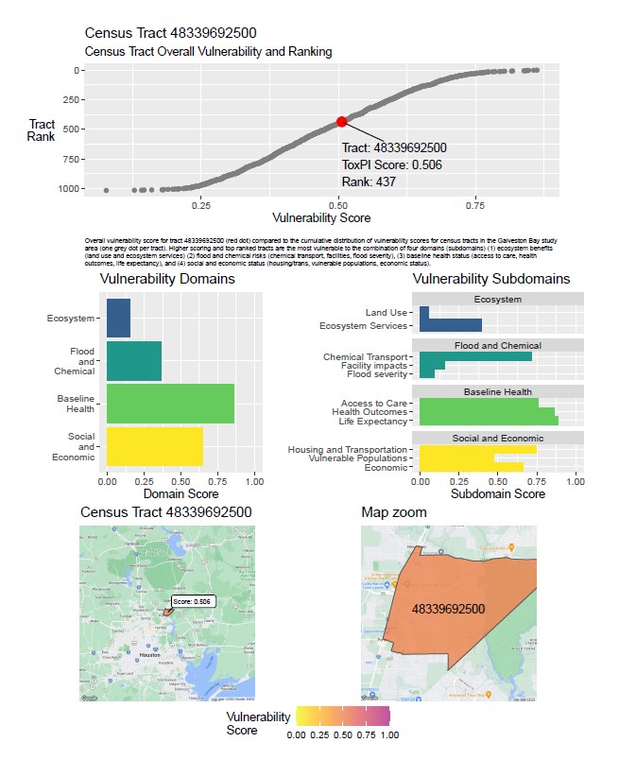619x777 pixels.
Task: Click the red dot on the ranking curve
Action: [x=341, y=121]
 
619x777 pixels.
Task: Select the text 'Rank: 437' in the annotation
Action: [x=370, y=181]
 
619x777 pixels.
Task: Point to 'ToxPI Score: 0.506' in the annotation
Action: [x=391, y=164]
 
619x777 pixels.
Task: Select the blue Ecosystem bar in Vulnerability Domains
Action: [x=118, y=319]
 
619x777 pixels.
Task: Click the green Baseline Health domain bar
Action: [x=170, y=404]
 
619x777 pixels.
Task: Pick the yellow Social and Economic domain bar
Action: [x=154, y=446]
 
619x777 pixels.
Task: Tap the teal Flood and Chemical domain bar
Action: [x=134, y=361]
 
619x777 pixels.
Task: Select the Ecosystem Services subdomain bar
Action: [x=451, y=325]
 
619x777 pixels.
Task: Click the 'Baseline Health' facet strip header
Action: [x=497, y=391]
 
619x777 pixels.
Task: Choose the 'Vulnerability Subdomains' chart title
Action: [x=491, y=280]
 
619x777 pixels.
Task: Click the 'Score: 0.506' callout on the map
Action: [x=193, y=601]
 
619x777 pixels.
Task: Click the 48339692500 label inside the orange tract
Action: [x=448, y=609]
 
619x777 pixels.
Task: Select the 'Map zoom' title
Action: [x=393, y=512]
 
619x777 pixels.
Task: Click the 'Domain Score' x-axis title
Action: [x=180, y=493]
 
